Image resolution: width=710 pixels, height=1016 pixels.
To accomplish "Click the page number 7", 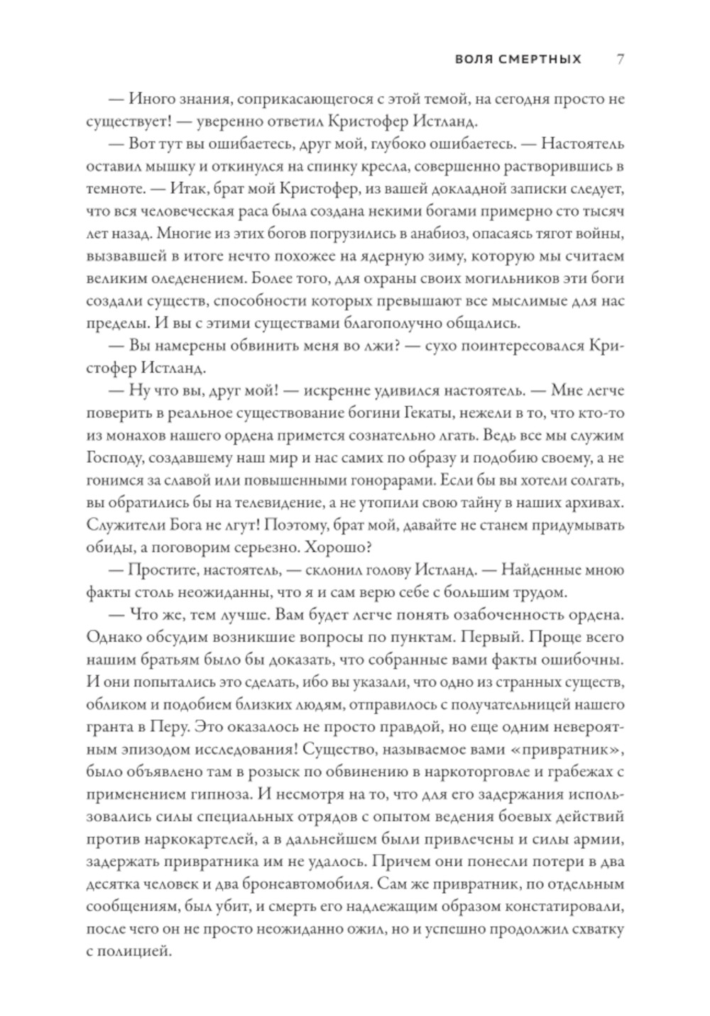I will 620,59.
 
